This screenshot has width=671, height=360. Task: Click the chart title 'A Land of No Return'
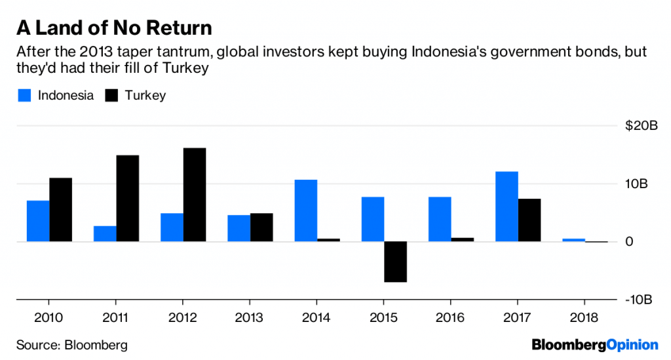114,28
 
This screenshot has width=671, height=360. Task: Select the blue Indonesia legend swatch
24,96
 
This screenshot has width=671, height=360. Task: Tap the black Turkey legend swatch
111,96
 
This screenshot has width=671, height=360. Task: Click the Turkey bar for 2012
195,195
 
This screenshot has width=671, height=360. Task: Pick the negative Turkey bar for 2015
395,262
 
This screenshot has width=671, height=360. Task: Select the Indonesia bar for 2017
507,207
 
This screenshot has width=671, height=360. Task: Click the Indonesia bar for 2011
105,234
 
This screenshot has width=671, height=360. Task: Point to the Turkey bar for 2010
61,210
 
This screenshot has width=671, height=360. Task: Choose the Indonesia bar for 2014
306,210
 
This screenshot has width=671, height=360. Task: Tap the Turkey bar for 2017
529,220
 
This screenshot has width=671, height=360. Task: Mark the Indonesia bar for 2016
440,219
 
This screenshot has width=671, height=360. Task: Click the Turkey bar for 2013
261,228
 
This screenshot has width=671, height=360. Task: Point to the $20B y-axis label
642,126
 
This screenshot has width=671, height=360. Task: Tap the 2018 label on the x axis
585,318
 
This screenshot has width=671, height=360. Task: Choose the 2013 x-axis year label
250,318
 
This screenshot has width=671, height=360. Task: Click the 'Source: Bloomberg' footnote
72,344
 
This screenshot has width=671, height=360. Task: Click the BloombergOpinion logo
594,344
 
